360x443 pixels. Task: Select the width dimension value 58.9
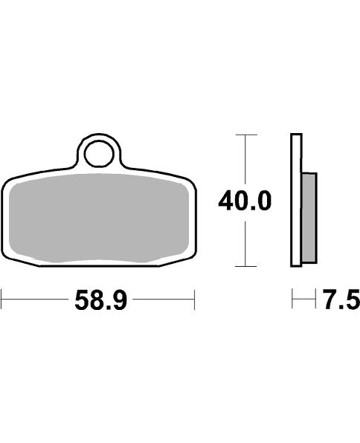click(99, 302)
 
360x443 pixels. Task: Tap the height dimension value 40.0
click(245, 201)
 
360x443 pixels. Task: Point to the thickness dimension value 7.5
click(341, 302)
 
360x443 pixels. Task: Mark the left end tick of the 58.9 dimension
click(2, 302)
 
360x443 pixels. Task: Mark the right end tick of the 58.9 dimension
click(194, 302)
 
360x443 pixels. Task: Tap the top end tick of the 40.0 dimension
click(245, 135)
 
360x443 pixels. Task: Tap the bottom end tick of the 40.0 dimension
click(245, 266)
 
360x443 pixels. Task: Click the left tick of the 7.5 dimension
click(292, 302)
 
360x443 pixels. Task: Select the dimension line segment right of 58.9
click(161, 302)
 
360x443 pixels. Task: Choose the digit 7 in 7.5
click(330, 302)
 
